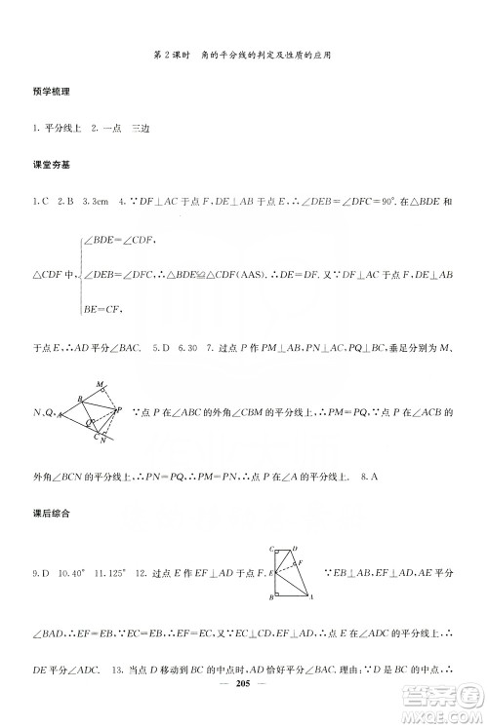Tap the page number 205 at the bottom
(244, 711)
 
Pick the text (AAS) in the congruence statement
(280, 275)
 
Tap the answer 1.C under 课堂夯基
(40, 203)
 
